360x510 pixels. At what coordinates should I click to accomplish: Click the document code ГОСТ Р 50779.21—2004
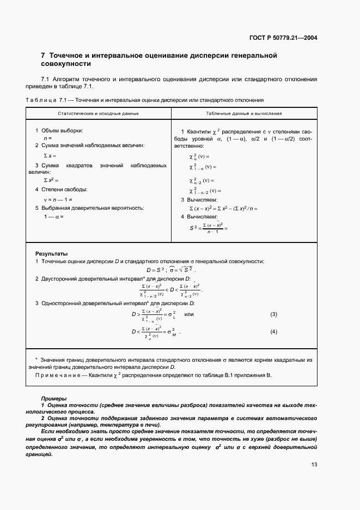[284, 38]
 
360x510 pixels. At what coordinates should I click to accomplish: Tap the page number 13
[314, 464]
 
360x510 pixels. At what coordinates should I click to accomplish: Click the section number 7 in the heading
[43, 56]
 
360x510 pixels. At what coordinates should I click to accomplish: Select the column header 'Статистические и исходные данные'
[99, 113]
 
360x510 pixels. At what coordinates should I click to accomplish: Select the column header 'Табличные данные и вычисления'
[244, 113]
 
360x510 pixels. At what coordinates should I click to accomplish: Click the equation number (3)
[274, 314]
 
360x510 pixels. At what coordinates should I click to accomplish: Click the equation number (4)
[274, 331]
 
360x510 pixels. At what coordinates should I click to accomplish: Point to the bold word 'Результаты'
[51, 254]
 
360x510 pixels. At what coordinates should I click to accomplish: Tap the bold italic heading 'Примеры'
[53, 399]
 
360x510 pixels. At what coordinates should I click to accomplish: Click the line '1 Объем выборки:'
[59, 131]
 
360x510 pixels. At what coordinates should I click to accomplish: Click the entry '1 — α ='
[54, 216]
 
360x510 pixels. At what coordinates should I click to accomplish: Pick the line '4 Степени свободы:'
[61, 190]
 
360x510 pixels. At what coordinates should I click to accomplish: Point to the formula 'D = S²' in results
[156, 270]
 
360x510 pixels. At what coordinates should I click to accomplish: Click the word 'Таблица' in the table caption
[38, 100]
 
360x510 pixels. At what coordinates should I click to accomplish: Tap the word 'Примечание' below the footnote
[56, 375]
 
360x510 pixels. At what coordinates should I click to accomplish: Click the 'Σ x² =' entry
[51, 180]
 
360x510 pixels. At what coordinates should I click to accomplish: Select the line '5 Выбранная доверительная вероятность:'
[89, 208]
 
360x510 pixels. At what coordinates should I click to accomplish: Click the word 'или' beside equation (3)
[189, 314]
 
